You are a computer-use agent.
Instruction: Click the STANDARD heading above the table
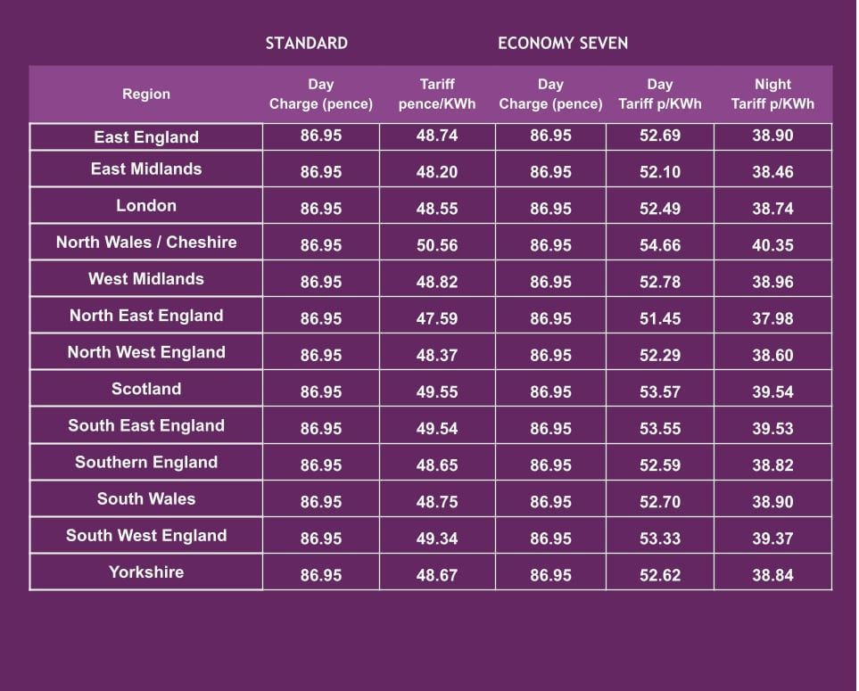point(306,43)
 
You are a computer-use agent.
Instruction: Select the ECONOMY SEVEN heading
point(563,43)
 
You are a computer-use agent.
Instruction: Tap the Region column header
point(146,94)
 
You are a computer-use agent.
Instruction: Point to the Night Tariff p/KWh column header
point(772,94)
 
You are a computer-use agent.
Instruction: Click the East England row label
point(146,137)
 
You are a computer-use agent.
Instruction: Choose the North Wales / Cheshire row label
point(146,243)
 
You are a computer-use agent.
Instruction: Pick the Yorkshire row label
point(146,572)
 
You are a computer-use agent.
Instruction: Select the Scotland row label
point(146,389)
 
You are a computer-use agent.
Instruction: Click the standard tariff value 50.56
point(437,245)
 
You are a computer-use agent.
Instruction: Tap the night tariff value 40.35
point(772,245)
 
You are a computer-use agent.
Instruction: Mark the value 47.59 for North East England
point(437,318)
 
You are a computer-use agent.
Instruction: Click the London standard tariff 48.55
point(437,209)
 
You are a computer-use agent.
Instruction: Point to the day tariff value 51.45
point(660,318)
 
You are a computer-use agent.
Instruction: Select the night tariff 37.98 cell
point(772,318)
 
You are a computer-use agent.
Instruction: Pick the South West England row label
point(146,536)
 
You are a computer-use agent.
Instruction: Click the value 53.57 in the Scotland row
point(660,391)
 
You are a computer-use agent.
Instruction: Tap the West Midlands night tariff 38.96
point(772,282)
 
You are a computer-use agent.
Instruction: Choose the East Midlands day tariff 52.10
point(660,172)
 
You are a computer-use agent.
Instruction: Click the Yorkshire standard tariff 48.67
point(437,575)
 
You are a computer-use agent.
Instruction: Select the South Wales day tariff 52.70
point(660,502)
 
